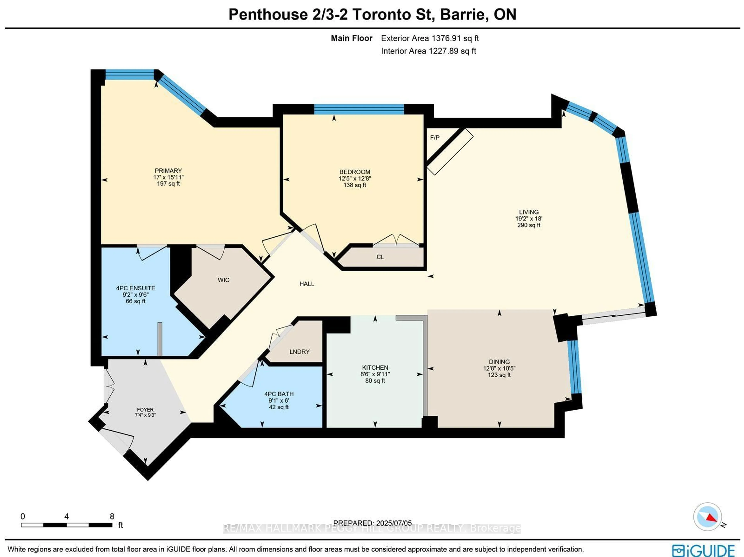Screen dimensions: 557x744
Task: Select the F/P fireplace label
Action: click(x=435, y=138)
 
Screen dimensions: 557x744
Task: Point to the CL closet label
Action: click(x=380, y=257)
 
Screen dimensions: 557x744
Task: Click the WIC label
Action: click(x=223, y=280)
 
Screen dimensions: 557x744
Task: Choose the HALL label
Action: click(x=307, y=284)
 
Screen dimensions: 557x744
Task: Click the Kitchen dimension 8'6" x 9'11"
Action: click(x=375, y=374)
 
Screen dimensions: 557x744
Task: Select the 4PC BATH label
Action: click(x=279, y=394)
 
